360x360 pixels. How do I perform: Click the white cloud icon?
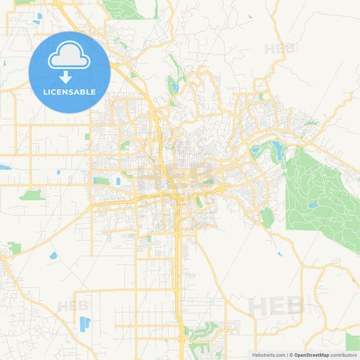[x=70, y=58]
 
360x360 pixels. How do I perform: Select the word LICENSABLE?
[x=70, y=92]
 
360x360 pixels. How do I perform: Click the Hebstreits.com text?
[x=267, y=355]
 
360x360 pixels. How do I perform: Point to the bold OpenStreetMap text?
[x=311, y=355]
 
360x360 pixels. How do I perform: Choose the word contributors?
[x=344, y=355]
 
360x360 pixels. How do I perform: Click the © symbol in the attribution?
[x=290, y=355]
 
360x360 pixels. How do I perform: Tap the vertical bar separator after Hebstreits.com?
[x=286, y=355]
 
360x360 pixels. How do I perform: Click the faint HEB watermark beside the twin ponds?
[x=72, y=306]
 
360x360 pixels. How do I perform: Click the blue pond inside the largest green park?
[x=312, y=203]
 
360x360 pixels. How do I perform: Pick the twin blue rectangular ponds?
[x=84, y=324]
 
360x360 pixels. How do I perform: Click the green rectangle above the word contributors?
[x=352, y=341]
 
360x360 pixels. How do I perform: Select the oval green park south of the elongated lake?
[x=267, y=217]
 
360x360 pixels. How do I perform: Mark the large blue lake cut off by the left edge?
[x=5, y=167]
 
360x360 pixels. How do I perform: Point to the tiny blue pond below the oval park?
[x=279, y=254]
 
